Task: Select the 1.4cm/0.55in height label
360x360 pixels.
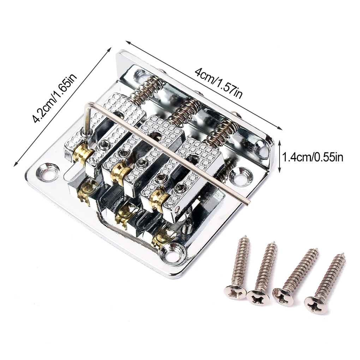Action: (x=312, y=157)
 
